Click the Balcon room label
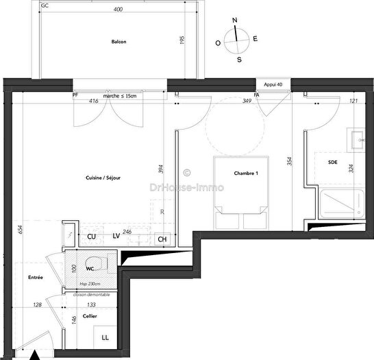tap(119, 42)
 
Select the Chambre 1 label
tap(245, 173)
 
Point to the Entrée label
tap(36, 278)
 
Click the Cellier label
tap(90, 316)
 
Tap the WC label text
tap(90, 269)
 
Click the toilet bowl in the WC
tap(101, 263)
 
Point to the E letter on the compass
tap(255, 39)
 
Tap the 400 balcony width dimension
tap(118, 10)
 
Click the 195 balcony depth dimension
tap(183, 40)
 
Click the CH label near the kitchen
tap(162, 239)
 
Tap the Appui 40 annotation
tap(272, 84)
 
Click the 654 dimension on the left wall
tap(10, 231)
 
